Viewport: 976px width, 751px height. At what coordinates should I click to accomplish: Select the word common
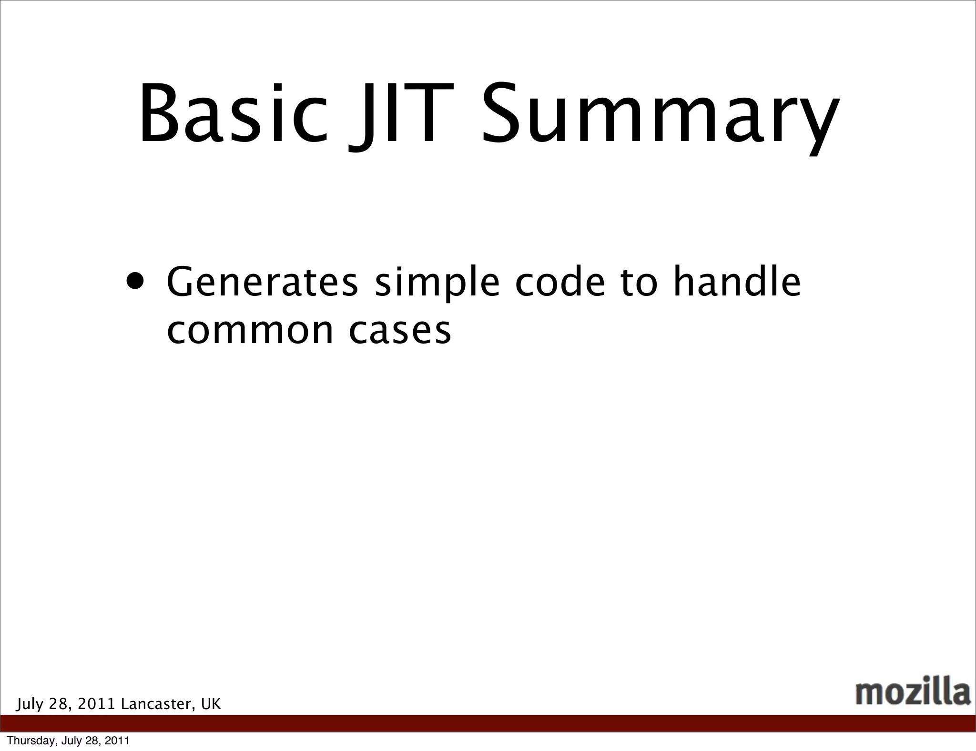click(250, 331)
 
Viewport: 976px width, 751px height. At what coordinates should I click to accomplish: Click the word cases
click(400, 331)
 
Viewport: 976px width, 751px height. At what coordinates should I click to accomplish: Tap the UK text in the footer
click(211, 704)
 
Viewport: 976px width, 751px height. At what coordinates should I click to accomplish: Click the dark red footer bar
click(488, 723)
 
